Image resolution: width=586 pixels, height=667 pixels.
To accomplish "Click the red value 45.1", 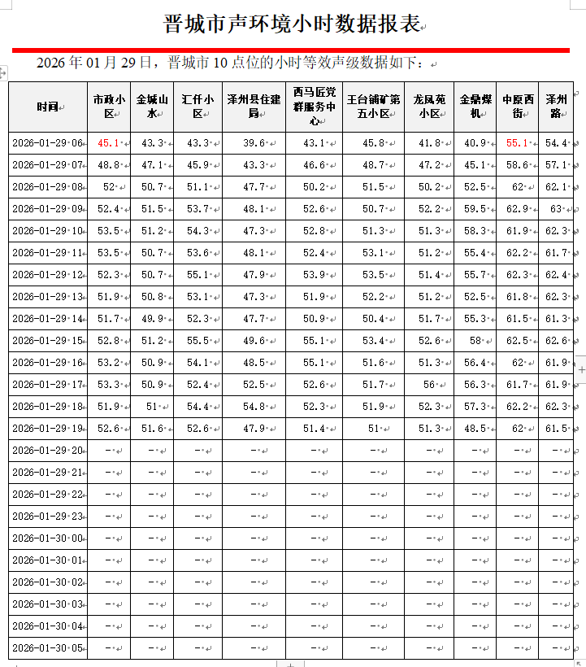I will click(x=108, y=143).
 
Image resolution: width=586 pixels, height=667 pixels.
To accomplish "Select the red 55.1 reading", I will click(x=517, y=143).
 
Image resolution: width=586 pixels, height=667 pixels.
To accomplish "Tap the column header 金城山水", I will click(x=152, y=107).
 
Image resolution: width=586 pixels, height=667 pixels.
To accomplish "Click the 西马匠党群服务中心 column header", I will click(x=313, y=107).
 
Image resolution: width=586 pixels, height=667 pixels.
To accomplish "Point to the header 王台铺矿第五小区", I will click(x=373, y=107).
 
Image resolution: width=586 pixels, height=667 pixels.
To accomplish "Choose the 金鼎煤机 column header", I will click(x=475, y=107).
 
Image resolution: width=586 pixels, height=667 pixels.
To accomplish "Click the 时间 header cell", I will click(x=47, y=107).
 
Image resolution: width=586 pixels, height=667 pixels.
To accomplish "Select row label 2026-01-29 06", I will click(x=47, y=143).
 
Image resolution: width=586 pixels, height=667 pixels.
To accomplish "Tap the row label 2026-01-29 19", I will click(x=47, y=429).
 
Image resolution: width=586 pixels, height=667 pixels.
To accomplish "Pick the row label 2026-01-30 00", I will click(x=47, y=538).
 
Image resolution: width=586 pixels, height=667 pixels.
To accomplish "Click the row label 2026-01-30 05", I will click(x=47, y=648).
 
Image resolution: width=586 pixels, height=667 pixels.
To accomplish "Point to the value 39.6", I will click(x=254, y=143).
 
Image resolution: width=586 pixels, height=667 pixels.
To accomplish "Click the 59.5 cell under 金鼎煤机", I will click(x=475, y=209).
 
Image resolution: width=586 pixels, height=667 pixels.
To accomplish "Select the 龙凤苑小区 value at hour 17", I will click(x=428, y=385).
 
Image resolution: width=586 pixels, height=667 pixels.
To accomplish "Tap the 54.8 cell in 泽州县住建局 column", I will click(x=254, y=407).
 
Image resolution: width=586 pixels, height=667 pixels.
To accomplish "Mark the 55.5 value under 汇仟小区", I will click(x=198, y=341).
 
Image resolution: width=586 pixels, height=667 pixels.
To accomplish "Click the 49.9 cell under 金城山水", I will click(x=152, y=319).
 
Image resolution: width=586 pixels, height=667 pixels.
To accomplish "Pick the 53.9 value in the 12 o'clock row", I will click(x=313, y=275).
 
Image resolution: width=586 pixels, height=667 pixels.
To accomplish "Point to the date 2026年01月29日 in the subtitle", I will click(x=94, y=63).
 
